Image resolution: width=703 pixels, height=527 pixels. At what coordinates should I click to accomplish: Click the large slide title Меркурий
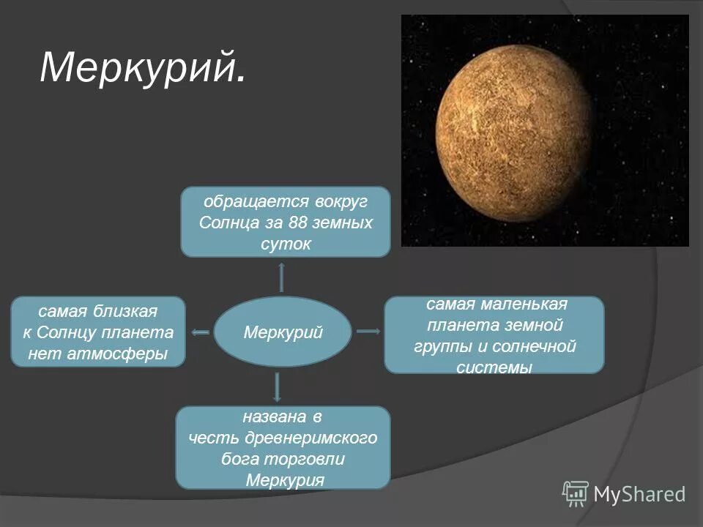pos(142,68)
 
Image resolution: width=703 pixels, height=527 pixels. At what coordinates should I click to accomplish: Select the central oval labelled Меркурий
pos(283,332)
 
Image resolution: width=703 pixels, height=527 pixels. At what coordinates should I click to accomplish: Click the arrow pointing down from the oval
pos(277,386)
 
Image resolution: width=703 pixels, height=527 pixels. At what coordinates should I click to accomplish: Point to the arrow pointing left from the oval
pos(200,332)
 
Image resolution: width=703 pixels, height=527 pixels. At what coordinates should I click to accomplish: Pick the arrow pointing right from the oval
pos(368,332)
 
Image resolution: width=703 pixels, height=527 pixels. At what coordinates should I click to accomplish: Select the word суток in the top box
pos(286,244)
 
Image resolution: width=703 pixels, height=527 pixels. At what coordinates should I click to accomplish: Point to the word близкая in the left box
pos(125,311)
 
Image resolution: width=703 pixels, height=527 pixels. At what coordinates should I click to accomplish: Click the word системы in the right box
pos(494,367)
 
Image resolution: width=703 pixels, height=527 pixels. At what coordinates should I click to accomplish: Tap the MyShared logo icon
pos(576,494)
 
